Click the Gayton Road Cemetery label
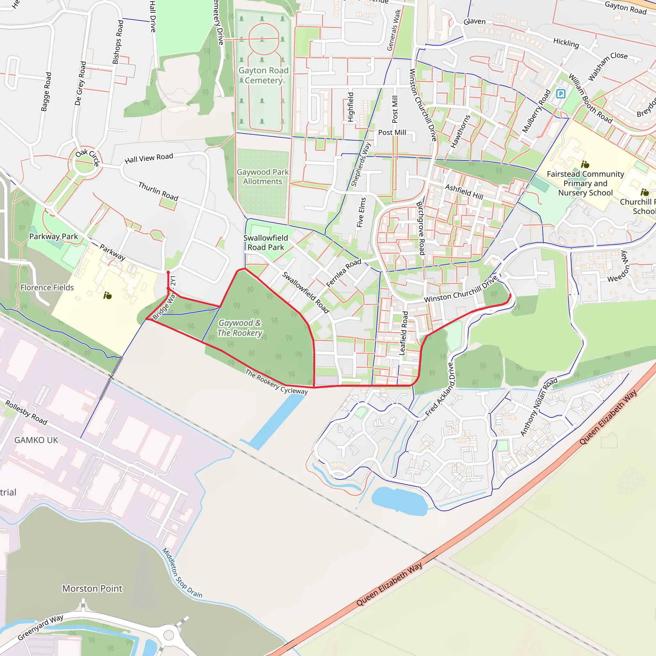pyautogui.click(x=263, y=75)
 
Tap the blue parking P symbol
pyautogui.click(x=561, y=94)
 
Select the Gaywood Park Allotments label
pyautogui.click(x=262, y=177)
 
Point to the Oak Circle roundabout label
pyautogui.click(x=87, y=157)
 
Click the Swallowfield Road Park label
pyautogui.click(x=266, y=242)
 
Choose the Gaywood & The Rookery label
pyautogui.click(x=240, y=328)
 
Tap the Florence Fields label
pyautogui.click(x=47, y=288)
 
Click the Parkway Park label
pyautogui.click(x=53, y=236)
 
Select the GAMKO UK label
pyautogui.click(x=36, y=440)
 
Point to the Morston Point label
pyautogui.click(x=92, y=588)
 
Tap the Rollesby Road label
pyautogui.click(x=26, y=413)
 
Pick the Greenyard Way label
pyautogui.click(x=40, y=627)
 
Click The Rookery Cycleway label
pyautogui.click(x=276, y=381)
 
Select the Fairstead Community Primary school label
pyautogui.click(x=586, y=183)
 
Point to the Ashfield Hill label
pyautogui.click(x=464, y=192)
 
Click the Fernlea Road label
pyautogui.click(x=343, y=273)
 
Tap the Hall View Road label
pyautogui.click(x=149, y=158)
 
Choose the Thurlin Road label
pyautogui.click(x=158, y=191)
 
